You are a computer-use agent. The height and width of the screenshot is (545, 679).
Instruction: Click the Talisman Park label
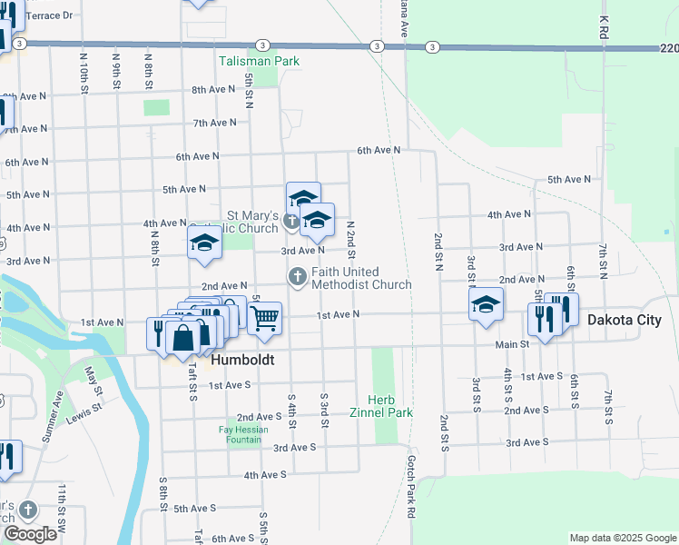click(259, 62)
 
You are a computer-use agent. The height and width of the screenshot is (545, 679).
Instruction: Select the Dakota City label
click(625, 321)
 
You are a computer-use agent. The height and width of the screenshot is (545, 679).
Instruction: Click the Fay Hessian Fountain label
click(245, 434)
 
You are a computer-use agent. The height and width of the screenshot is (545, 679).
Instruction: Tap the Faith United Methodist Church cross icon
click(297, 276)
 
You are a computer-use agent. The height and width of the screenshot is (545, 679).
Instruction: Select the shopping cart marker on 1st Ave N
click(264, 319)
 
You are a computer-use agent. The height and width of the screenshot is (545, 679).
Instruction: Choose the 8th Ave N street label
click(213, 90)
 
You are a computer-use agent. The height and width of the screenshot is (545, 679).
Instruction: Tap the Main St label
click(512, 344)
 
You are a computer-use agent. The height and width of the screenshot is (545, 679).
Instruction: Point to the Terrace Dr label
click(50, 16)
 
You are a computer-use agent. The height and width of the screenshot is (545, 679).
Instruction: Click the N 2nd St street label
click(349, 239)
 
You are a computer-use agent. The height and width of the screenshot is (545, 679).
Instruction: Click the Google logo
click(30, 534)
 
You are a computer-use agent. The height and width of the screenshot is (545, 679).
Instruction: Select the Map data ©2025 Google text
click(622, 538)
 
